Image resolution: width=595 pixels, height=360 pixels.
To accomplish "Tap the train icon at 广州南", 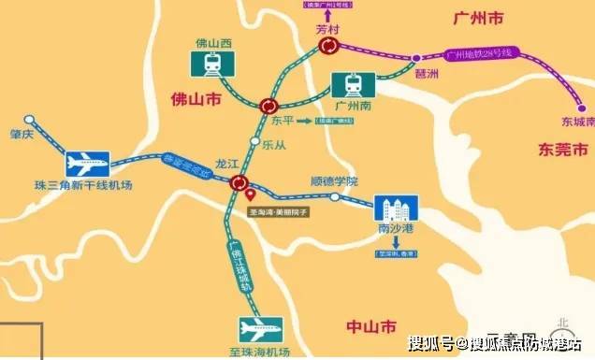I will (354, 86).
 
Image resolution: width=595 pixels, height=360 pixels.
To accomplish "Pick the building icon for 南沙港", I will (394, 209).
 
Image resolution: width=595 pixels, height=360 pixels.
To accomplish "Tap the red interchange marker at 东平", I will (268, 106).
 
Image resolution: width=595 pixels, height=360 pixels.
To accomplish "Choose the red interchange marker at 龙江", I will (240, 183).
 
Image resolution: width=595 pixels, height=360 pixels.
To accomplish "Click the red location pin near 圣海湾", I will (250, 195).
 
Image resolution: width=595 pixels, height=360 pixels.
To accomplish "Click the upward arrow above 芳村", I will (328, 16).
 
